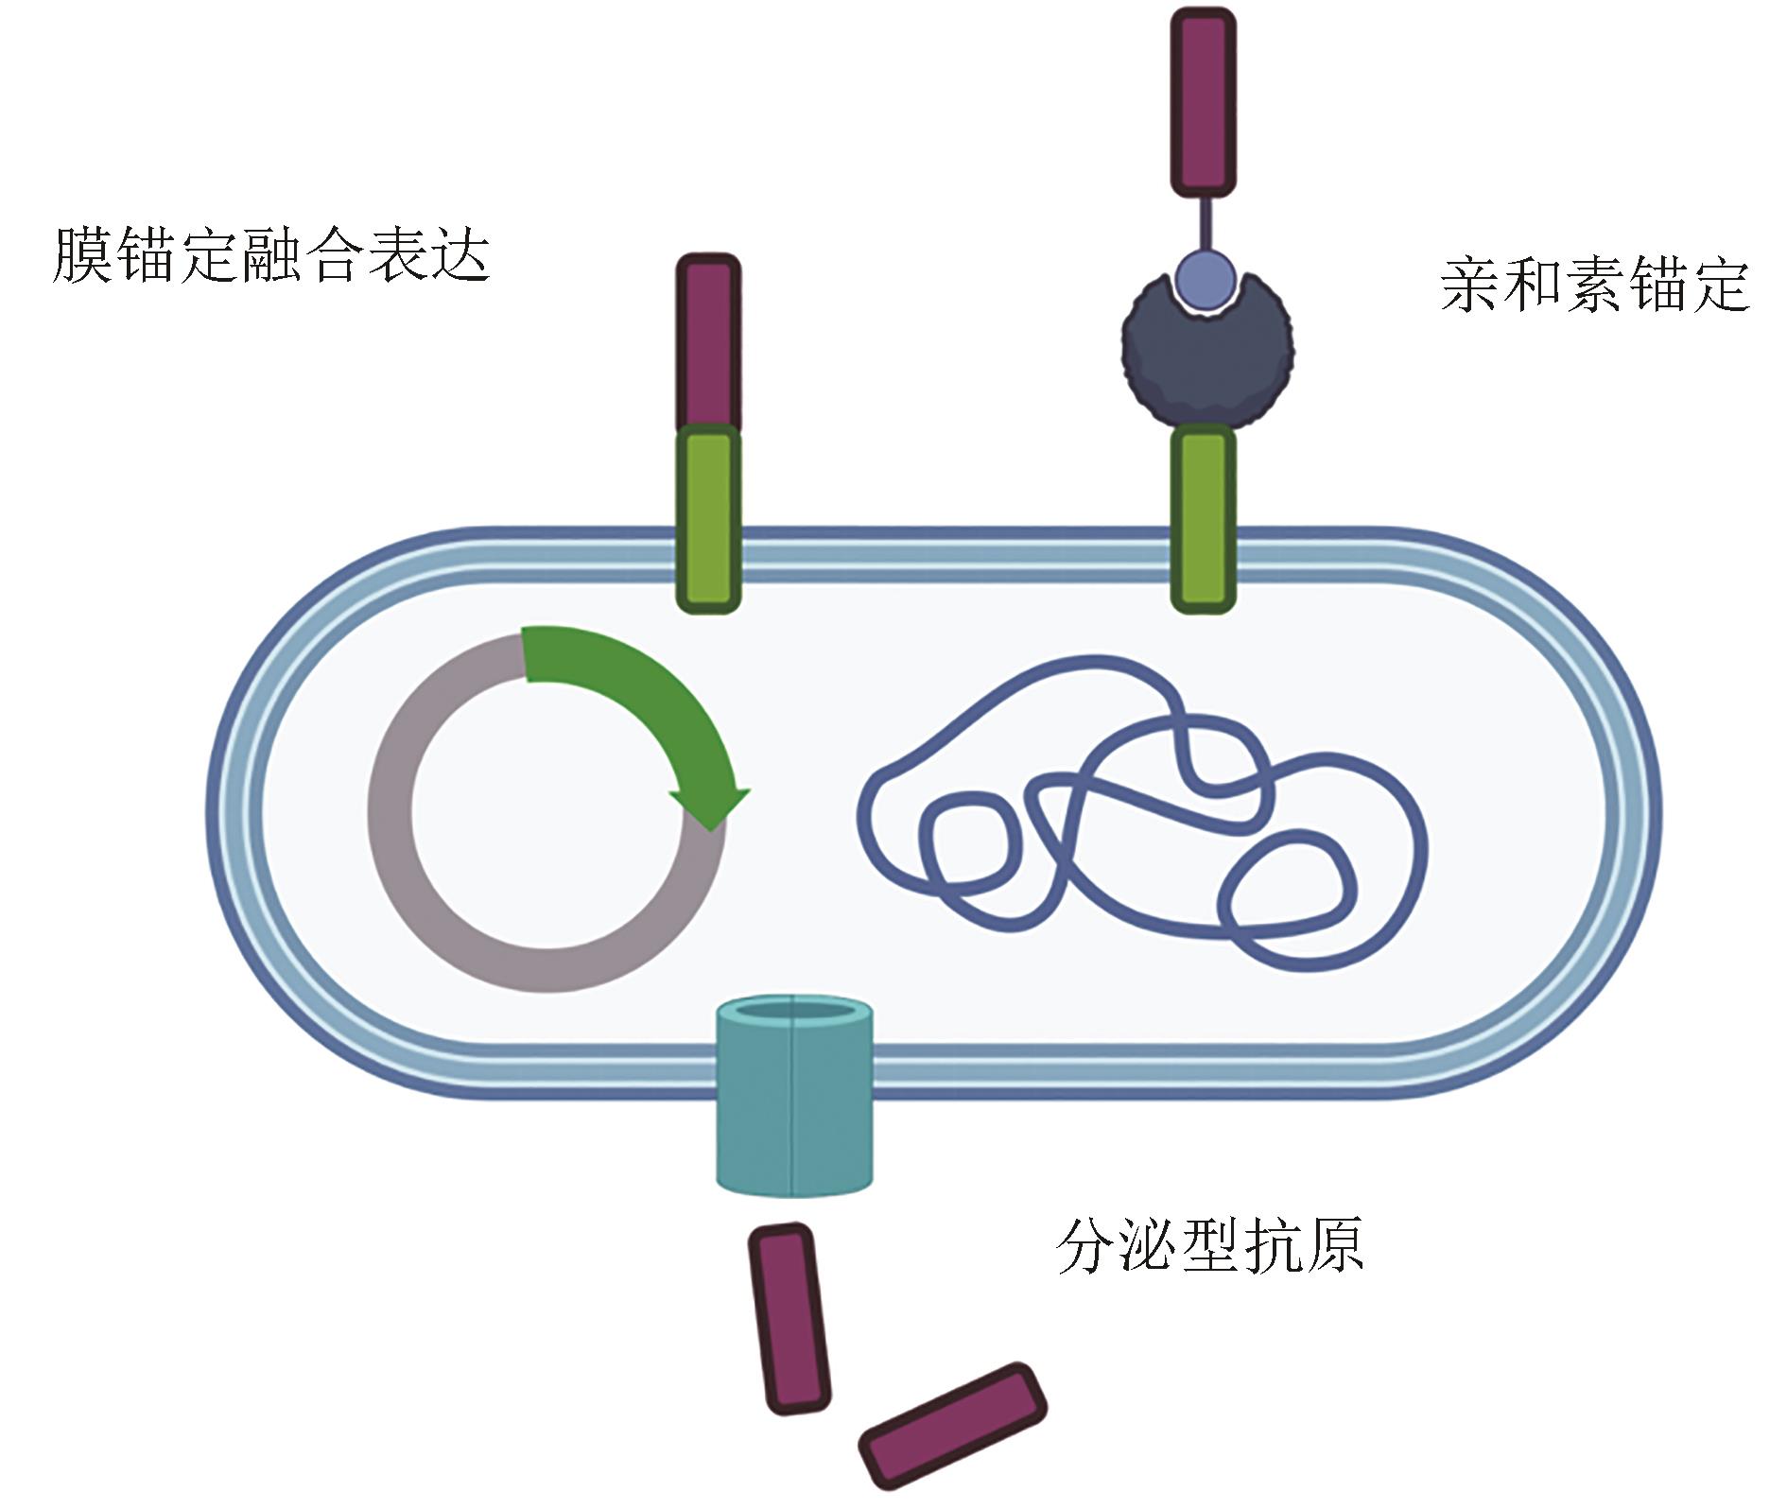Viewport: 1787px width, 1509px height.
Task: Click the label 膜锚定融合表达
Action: coord(271,255)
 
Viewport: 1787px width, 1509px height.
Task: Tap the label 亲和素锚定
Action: coord(1594,286)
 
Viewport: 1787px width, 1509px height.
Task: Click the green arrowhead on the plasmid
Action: coord(710,805)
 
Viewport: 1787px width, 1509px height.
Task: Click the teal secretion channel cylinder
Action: coord(793,1116)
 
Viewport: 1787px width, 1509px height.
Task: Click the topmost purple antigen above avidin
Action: coord(1204,102)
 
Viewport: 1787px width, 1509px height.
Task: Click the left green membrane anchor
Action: coord(708,518)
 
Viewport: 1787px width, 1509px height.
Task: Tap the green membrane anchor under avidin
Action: coord(1204,518)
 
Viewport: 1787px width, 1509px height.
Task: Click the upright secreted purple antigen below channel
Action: coord(789,1319)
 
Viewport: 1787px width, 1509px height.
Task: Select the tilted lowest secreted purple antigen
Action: coord(953,1425)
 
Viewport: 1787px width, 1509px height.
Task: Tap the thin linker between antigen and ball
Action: coord(1205,221)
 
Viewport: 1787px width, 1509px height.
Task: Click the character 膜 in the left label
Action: coord(82,255)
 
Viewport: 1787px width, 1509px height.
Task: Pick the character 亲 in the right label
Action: coord(1470,286)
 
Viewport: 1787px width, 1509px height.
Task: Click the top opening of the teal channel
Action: coord(793,1012)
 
